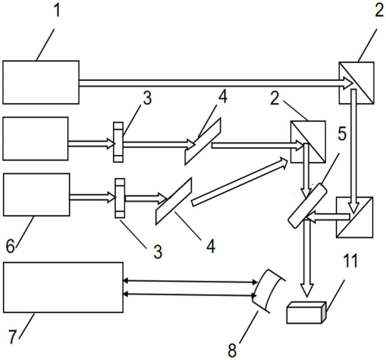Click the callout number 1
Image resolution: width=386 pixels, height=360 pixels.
tap(57, 10)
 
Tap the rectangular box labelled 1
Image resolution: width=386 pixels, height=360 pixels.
tap(41, 82)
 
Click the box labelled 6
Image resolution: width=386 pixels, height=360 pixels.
tap(36, 194)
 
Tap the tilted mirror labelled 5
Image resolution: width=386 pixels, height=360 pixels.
tap(307, 204)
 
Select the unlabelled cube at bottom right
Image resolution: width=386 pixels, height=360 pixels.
tap(354, 217)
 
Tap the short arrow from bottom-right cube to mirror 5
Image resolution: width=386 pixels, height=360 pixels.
tap(327, 218)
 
